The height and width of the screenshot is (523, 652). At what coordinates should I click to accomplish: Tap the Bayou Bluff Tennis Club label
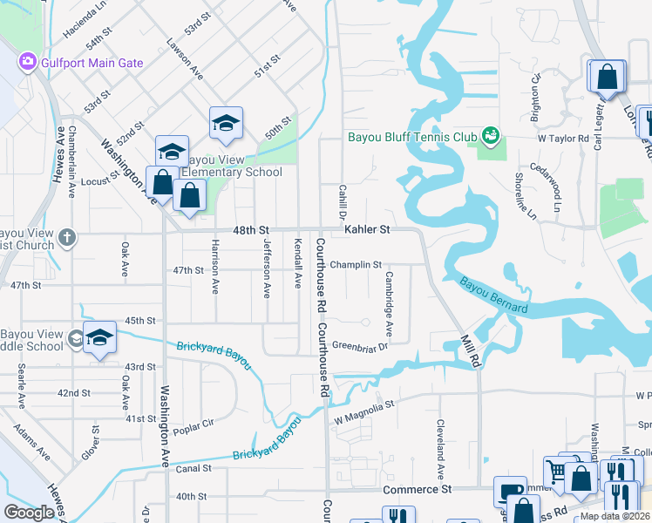click(x=412, y=137)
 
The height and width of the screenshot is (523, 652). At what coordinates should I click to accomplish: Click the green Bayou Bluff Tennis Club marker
click(x=491, y=135)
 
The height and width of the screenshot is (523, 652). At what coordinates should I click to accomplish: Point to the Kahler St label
click(x=366, y=229)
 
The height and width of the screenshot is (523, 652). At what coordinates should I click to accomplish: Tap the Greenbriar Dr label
click(x=359, y=346)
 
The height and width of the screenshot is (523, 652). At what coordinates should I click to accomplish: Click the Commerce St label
click(x=418, y=490)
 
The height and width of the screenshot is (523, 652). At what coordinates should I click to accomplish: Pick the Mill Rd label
click(x=470, y=350)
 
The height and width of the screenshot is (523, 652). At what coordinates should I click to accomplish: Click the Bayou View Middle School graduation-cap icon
click(x=100, y=338)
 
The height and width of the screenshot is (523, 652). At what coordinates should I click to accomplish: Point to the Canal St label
click(x=194, y=468)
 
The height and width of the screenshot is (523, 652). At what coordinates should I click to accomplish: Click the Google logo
click(x=29, y=512)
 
